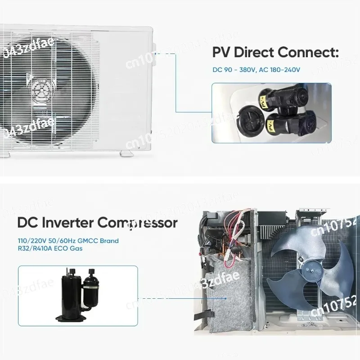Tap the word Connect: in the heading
click(x=308, y=52)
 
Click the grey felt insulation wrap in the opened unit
click(x=227, y=297)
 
